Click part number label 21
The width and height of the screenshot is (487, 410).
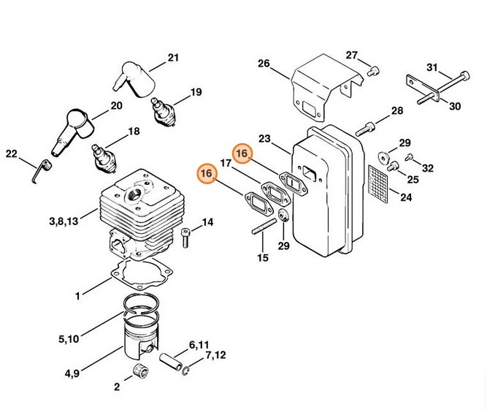click(173, 57)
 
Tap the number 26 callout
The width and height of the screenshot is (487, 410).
click(264, 64)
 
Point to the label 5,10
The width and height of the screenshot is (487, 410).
click(69, 338)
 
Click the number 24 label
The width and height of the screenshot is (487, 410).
click(406, 197)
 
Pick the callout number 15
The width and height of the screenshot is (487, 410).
click(262, 257)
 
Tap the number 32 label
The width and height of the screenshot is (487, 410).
click(427, 167)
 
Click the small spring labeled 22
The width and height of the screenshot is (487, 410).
click(42, 173)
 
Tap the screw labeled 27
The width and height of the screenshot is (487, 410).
click(375, 71)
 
